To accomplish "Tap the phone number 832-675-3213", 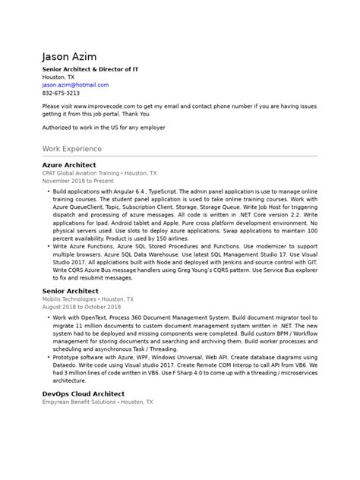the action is click(x=61, y=93).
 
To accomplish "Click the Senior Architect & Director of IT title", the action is click(x=90, y=69).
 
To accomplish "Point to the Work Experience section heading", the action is click(x=73, y=150).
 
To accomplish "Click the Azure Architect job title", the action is click(x=69, y=165).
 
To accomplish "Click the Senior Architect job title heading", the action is click(x=71, y=291).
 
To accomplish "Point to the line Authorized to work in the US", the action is click(x=103, y=128).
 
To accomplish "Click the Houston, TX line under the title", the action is click(x=58, y=77).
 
